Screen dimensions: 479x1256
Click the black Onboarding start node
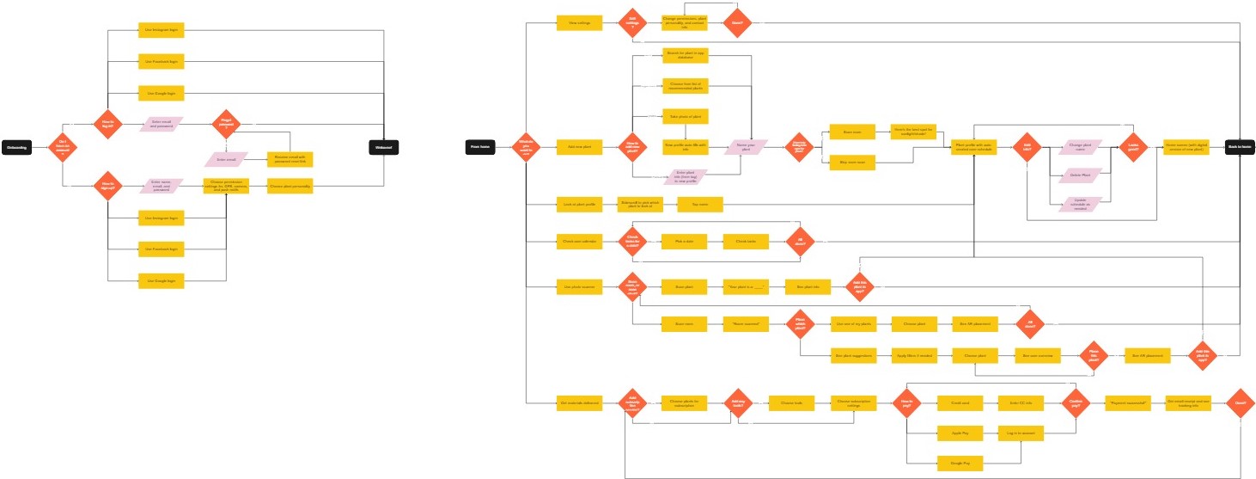[x=18, y=148]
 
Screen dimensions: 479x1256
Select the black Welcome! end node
[x=383, y=148]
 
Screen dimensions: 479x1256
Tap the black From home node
[x=479, y=147]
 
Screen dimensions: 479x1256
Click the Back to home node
[x=1239, y=147]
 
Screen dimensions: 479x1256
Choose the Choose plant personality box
[x=290, y=186]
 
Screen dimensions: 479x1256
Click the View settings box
[x=573, y=23]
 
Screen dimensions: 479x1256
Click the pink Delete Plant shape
[x=1080, y=175]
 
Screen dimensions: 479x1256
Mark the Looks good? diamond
[x=1131, y=147]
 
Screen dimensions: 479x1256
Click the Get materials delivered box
[x=580, y=402]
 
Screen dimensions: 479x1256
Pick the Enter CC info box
[x=1020, y=402]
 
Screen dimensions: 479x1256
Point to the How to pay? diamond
[x=905, y=402]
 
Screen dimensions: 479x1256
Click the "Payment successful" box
[x=1125, y=402]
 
